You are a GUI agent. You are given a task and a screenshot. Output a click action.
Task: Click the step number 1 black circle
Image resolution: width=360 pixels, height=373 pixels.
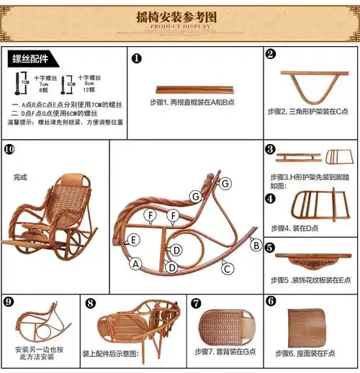click(137, 58)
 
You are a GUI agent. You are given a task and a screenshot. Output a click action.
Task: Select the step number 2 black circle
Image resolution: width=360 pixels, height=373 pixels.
click(270, 54)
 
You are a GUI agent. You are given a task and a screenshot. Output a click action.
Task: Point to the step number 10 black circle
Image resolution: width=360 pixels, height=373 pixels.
click(9, 149)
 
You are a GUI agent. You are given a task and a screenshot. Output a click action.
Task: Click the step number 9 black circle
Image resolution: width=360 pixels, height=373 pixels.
click(9, 302)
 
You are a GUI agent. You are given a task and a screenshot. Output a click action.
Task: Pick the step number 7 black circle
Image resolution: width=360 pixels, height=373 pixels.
click(196, 302)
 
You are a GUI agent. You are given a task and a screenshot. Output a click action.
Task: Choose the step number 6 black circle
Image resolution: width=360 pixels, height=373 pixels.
click(271, 300)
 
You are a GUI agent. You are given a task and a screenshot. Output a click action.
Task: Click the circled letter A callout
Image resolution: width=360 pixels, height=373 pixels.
click(133, 264)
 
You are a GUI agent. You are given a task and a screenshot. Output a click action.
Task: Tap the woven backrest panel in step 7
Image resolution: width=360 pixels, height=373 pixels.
click(225, 328)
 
